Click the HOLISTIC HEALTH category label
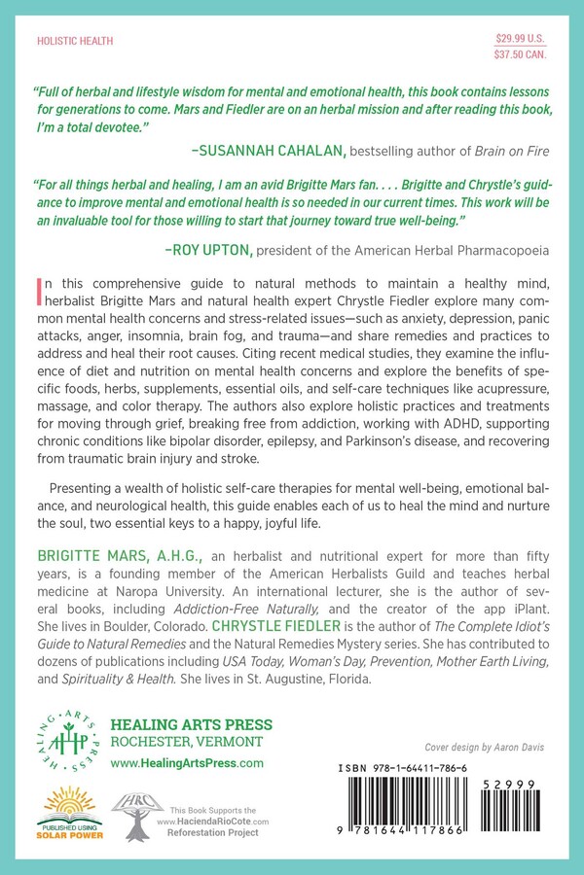(x=74, y=42)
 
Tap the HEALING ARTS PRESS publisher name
(x=192, y=725)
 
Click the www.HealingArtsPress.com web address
(x=187, y=764)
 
